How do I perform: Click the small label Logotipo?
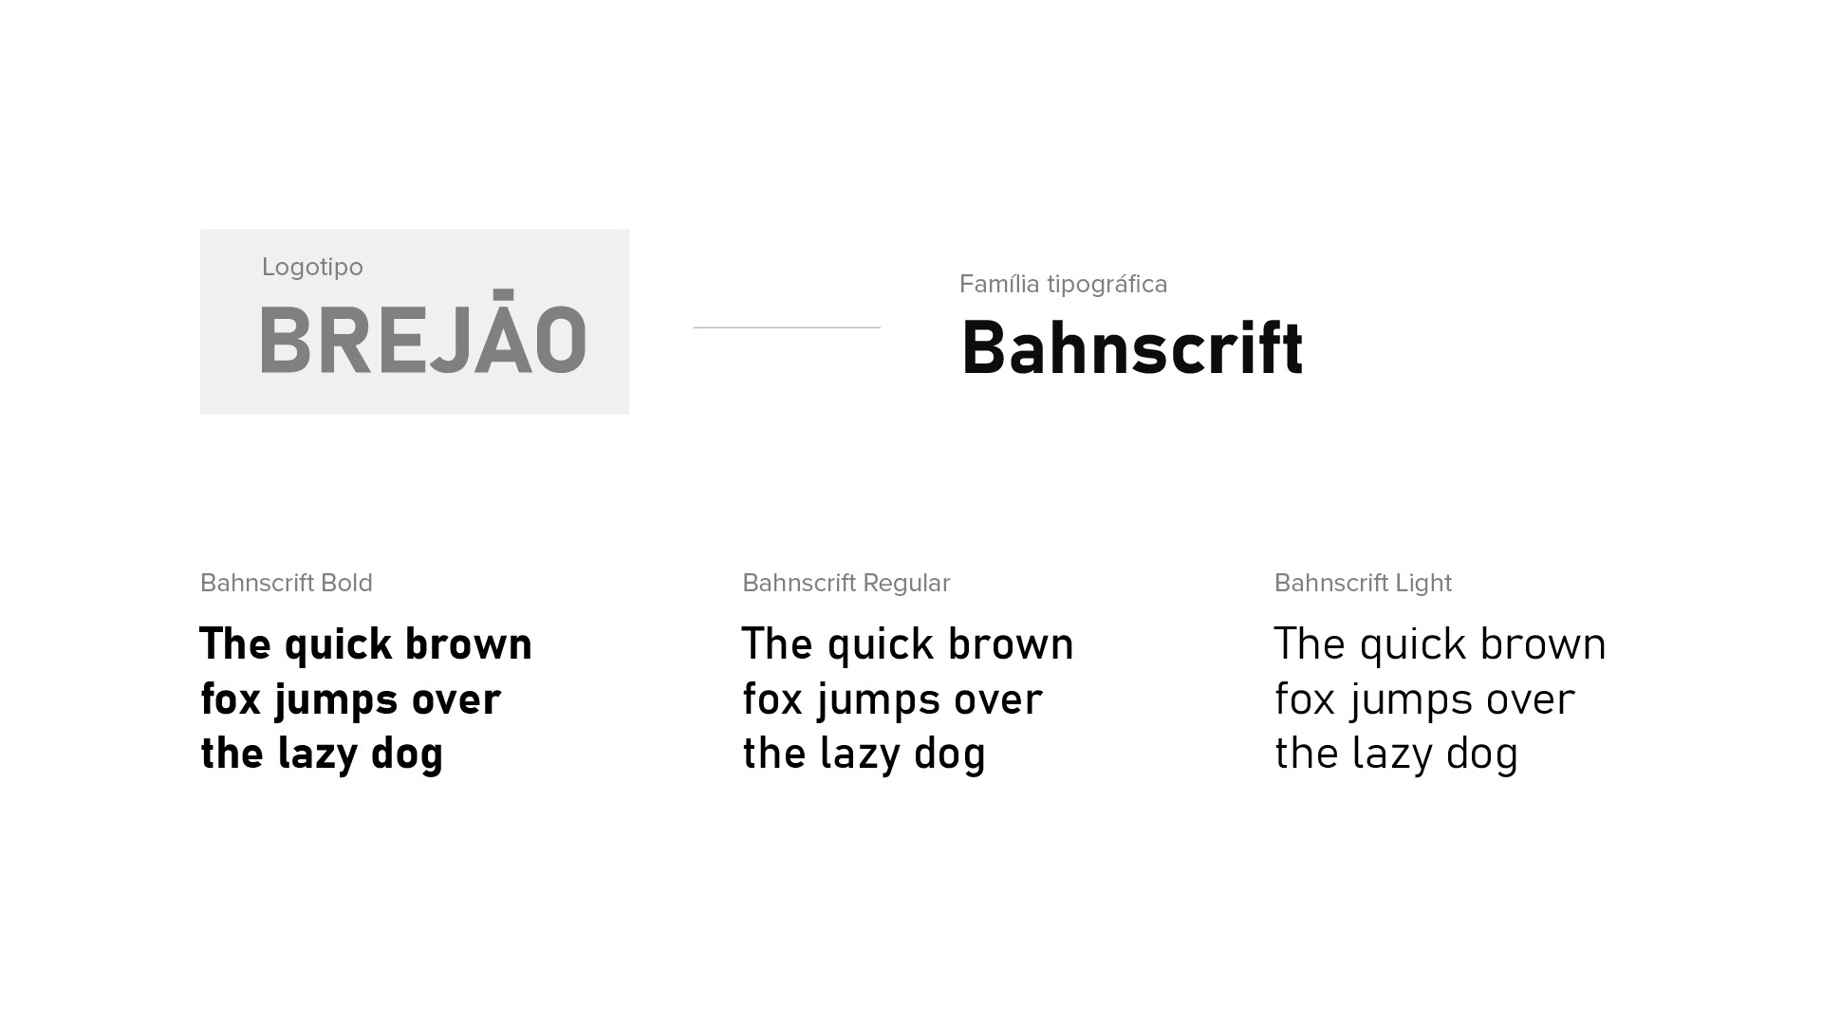(312, 268)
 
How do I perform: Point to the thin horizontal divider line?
(787, 327)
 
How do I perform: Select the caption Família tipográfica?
(1063, 284)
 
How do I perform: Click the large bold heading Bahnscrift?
(1132, 347)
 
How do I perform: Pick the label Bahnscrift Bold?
(287, 583)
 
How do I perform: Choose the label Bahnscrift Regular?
(846, 583)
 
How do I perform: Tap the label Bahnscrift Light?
(1363, 583)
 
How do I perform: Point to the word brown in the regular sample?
(1011, 643)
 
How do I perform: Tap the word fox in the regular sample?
(772, 699)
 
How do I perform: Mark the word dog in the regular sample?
(950, 755)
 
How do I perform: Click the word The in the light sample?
(1310, 643)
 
